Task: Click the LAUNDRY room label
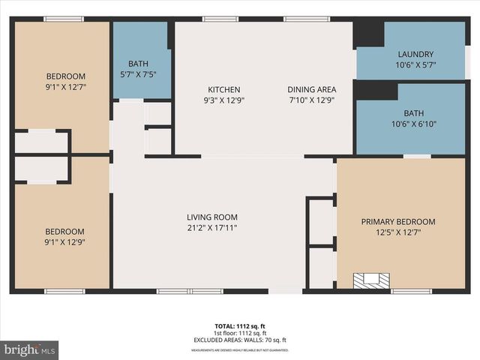click(x=415, y=54)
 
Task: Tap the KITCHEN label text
click(x=223, y=89)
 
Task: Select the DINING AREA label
click(x=311, y=89)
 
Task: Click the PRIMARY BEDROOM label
click(x=397, y=221)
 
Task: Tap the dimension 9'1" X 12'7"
click(x=66, y=87)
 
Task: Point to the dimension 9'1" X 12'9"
click(x=66, y=242)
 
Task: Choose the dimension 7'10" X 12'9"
click(x=311, y=100)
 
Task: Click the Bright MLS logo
click(x=30, y=349)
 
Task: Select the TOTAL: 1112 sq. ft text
click(x=240, y=326)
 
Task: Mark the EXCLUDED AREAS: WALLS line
click(x=240, y=339)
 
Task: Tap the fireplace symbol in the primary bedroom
click(x=372, y=280)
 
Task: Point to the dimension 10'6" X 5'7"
click(x=415, y=65)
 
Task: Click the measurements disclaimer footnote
click(x=240, y=349)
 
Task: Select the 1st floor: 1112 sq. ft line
click(x=240, y=333)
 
